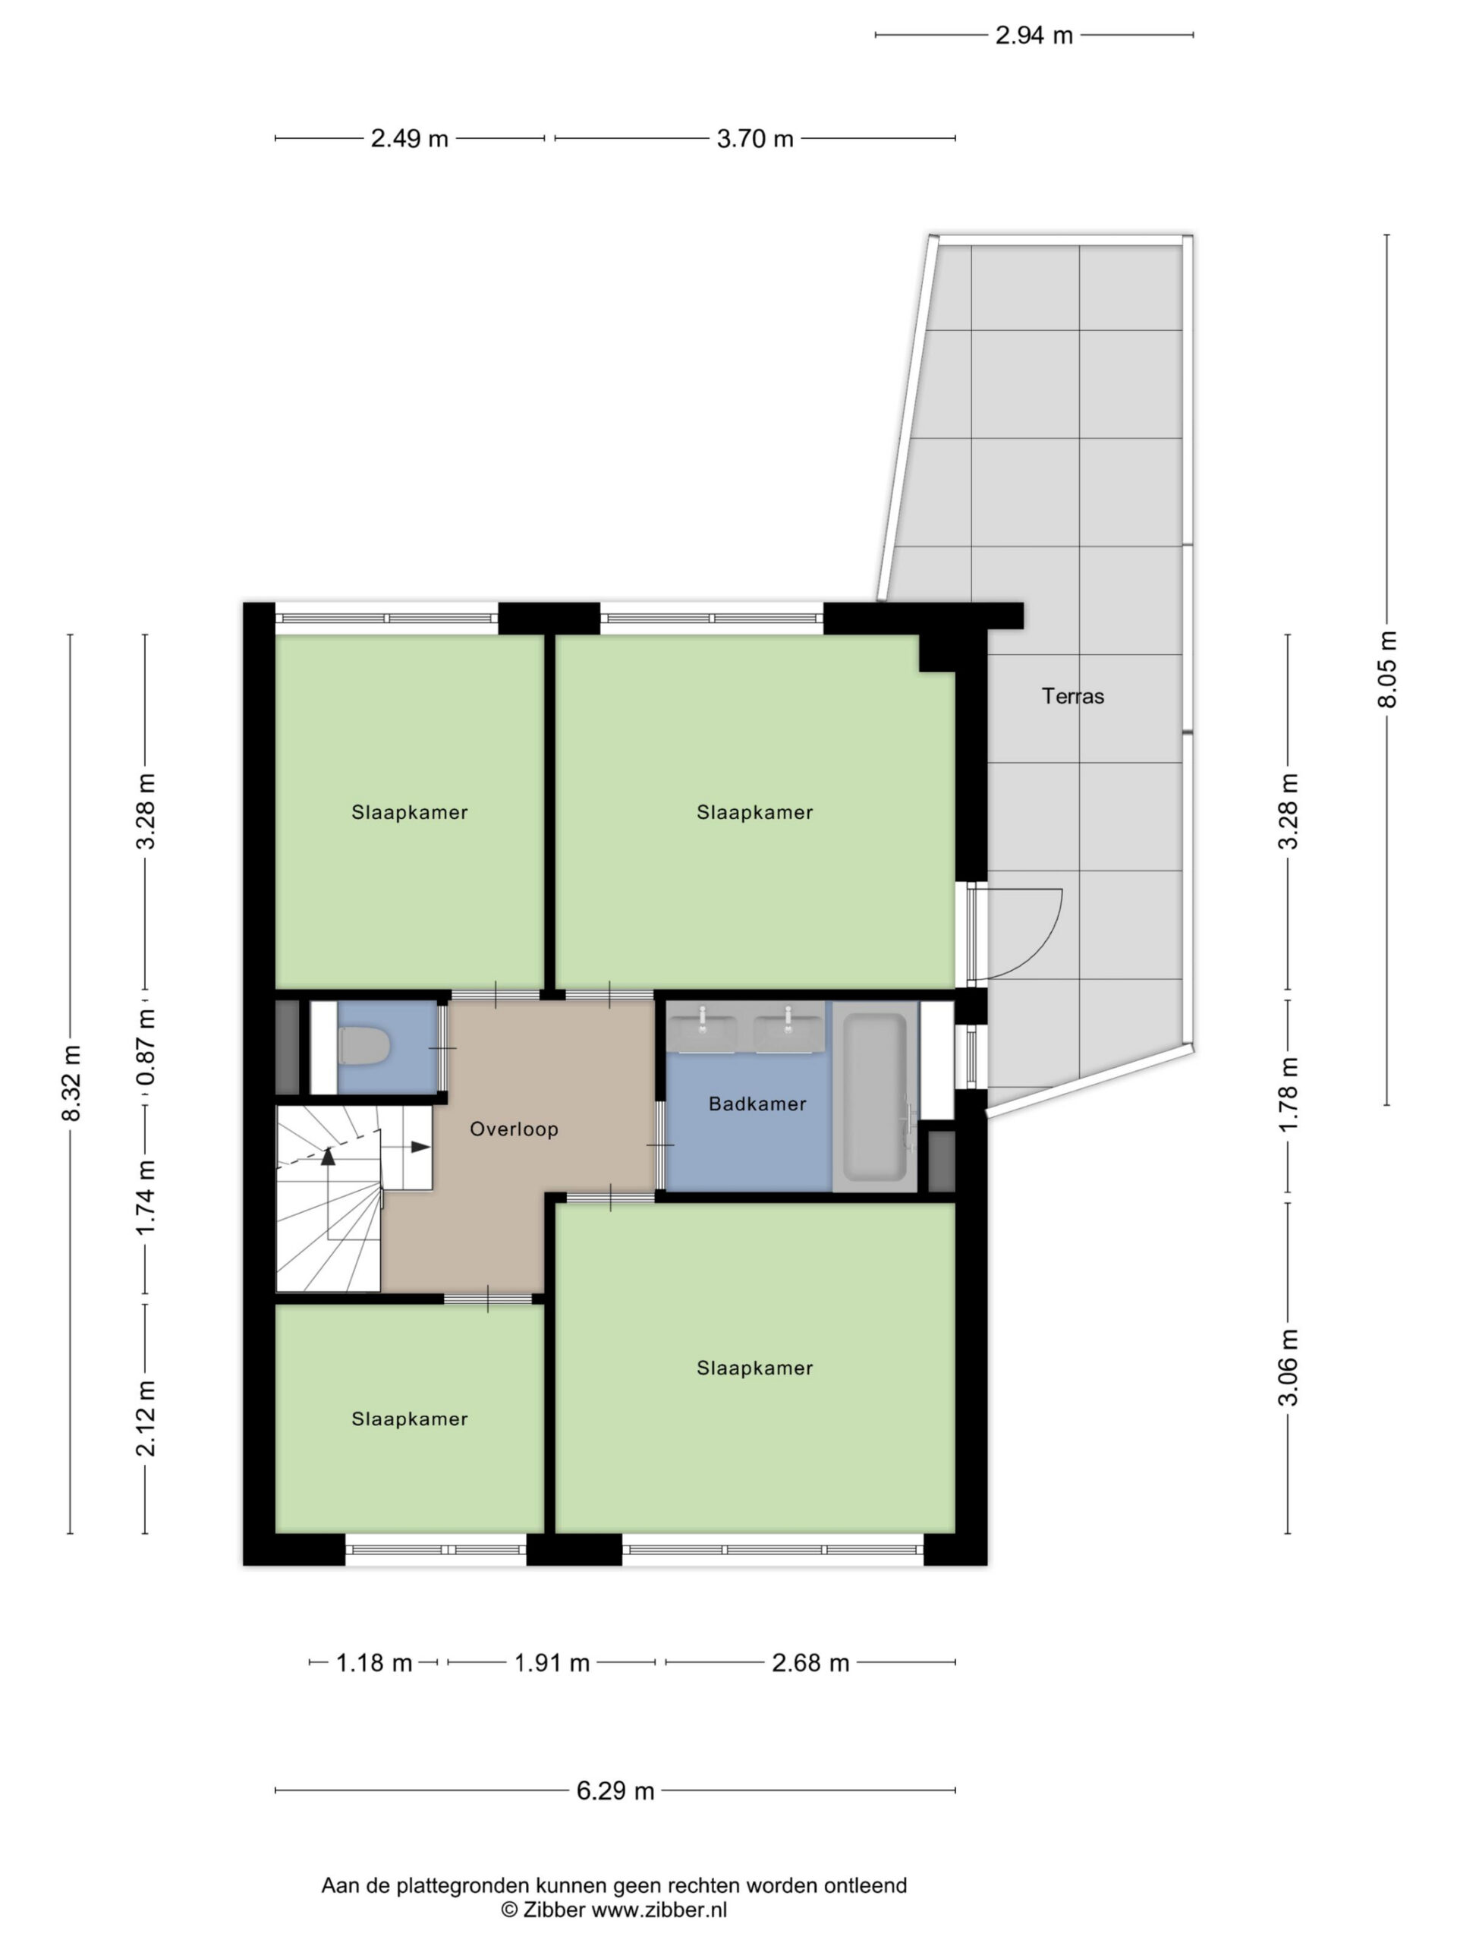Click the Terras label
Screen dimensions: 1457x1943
click(x=1072, y=696)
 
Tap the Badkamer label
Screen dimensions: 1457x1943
click(x=757, y=1104)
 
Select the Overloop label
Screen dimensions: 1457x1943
click(x=514, y=1129)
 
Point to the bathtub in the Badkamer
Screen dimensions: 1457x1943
click(x=874, y=1097)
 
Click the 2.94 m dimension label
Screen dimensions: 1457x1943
click(x=1034, y=35)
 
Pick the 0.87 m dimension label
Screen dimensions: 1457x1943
click(x=146, y=1047)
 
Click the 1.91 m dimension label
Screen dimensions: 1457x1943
click(x=552, y=1663)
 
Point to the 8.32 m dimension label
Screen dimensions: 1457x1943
click(x=71, y=1083)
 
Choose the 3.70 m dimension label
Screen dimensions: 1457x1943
click(x=755, y=139)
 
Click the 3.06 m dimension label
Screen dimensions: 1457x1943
click(x=1289, y=1368)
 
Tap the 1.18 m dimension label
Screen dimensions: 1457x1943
click(x=374, y=1663)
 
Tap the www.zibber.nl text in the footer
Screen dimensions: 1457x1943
click(x=659, y=1909)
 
